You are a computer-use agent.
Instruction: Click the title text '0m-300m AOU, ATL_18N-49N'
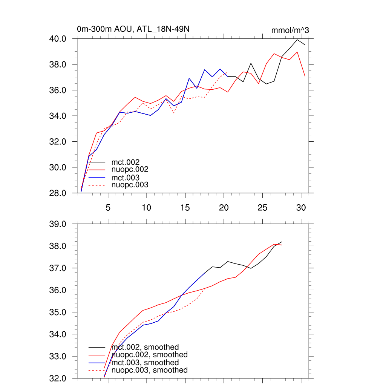(130, 29)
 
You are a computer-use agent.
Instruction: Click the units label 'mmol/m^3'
(290, 31)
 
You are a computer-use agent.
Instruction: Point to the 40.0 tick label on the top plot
(59, 39)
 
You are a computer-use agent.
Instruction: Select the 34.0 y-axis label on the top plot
(59, 116)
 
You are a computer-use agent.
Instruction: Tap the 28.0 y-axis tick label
(59, 193)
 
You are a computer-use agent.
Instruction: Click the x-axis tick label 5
(108, 208)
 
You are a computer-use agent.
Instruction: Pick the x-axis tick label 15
(185, 208)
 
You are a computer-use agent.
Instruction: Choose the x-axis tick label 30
(301, 208)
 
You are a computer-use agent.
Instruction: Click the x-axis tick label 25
(262, 208)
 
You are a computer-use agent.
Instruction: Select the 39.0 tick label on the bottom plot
(59, 224)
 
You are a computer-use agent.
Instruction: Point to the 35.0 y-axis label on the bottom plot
(59, 312)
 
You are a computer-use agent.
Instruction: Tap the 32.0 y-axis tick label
(59, 378)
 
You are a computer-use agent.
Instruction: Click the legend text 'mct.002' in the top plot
(123, 162)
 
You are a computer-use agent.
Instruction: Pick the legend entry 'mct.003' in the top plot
(123, 178)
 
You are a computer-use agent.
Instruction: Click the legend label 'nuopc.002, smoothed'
(150, 355)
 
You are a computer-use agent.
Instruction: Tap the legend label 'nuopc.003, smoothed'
(150, 370)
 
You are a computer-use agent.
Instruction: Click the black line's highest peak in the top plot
(297, 40)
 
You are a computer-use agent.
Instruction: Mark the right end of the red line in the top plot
(305, 76)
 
